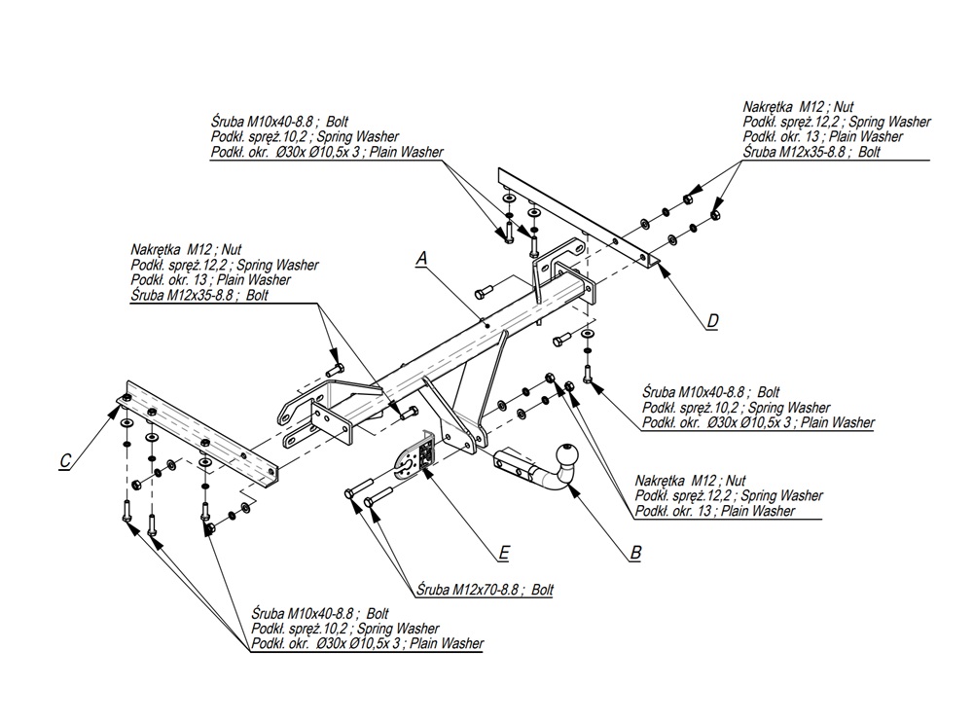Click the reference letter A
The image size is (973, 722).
[422, 258]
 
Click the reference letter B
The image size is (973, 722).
[635, 553]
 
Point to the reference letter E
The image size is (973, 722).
[503, 553]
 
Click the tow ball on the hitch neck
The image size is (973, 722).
[565, 455]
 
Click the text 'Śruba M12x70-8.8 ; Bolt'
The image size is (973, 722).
[484, 590]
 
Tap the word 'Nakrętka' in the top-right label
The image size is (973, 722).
[770, 107]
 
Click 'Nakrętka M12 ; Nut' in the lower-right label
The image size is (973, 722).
[690, 481]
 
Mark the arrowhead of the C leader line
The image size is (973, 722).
[113, 408]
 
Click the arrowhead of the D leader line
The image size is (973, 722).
[658, 263]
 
